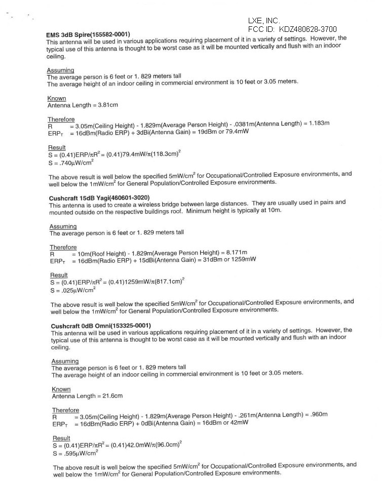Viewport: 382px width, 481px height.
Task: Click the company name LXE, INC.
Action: [263, 21]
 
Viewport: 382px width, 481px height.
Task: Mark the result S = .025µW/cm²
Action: [72, 291]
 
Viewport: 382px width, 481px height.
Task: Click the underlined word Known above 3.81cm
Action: [57, 98]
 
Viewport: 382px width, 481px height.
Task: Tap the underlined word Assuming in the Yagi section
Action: [63, 226]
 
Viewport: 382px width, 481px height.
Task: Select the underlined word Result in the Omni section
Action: [61, 438]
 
